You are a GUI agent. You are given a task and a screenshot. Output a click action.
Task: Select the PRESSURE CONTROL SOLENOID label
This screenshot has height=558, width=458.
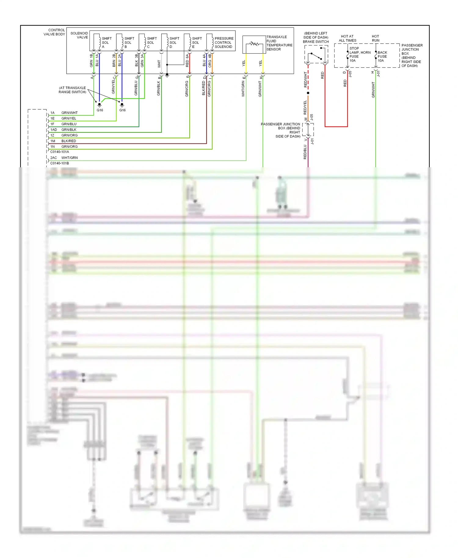tap(224, 43)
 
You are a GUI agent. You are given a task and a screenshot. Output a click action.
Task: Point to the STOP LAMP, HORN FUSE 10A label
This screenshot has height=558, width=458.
tap(359, 54)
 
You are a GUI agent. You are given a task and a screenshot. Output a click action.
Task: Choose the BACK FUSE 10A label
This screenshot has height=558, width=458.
tap(382, 56)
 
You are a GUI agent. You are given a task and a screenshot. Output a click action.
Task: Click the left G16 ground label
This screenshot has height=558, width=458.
tap(100, 110)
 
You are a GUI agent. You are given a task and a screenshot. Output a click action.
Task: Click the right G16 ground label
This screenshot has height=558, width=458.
tap(122, 110)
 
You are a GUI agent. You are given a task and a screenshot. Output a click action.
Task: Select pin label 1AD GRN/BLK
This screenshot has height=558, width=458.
tap(64, 130)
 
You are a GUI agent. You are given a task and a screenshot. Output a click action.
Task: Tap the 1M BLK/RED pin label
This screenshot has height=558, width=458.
tap(64, 141)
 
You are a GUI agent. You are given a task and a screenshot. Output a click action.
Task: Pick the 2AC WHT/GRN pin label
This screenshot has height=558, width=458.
tap(64, 158)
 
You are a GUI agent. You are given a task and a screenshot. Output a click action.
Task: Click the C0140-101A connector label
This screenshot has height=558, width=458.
tap(60, 152)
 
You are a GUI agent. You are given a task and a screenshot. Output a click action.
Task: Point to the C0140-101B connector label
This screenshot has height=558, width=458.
tap(60, 163)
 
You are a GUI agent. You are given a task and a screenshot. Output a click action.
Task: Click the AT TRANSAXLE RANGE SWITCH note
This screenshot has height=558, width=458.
tap(72, 90)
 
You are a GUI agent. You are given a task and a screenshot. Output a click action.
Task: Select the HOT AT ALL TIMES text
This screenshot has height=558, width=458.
tap(347, 38)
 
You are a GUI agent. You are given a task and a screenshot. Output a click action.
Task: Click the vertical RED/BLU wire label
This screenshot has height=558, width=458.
tap(305, 152)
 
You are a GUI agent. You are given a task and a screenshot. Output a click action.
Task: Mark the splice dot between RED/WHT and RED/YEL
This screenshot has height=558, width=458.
tap(308, 93)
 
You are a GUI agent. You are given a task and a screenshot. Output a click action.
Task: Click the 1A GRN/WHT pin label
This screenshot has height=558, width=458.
tap(64, 113)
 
